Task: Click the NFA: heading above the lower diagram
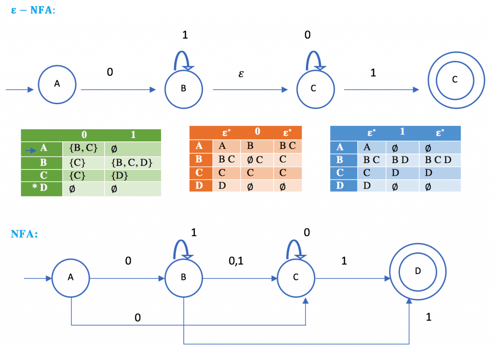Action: pyautogui.click(x=24, y=234)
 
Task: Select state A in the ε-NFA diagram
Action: pyautogui.click(x=57, y=83)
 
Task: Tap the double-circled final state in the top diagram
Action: pyautogui.click(x=454, y=80)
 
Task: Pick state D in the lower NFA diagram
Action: pyautogui.click(x=418, y=272)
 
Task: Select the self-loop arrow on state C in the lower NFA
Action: pyautogui.click(x=295, y=249)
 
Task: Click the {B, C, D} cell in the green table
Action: pyautogui.click(x=131, y=163)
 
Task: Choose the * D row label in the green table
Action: pyautogui.click(x=41, y=189)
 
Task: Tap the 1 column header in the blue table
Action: pyautogui.click(x=402, y=132)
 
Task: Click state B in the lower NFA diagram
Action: pyautogui.click(x=183, y=278)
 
